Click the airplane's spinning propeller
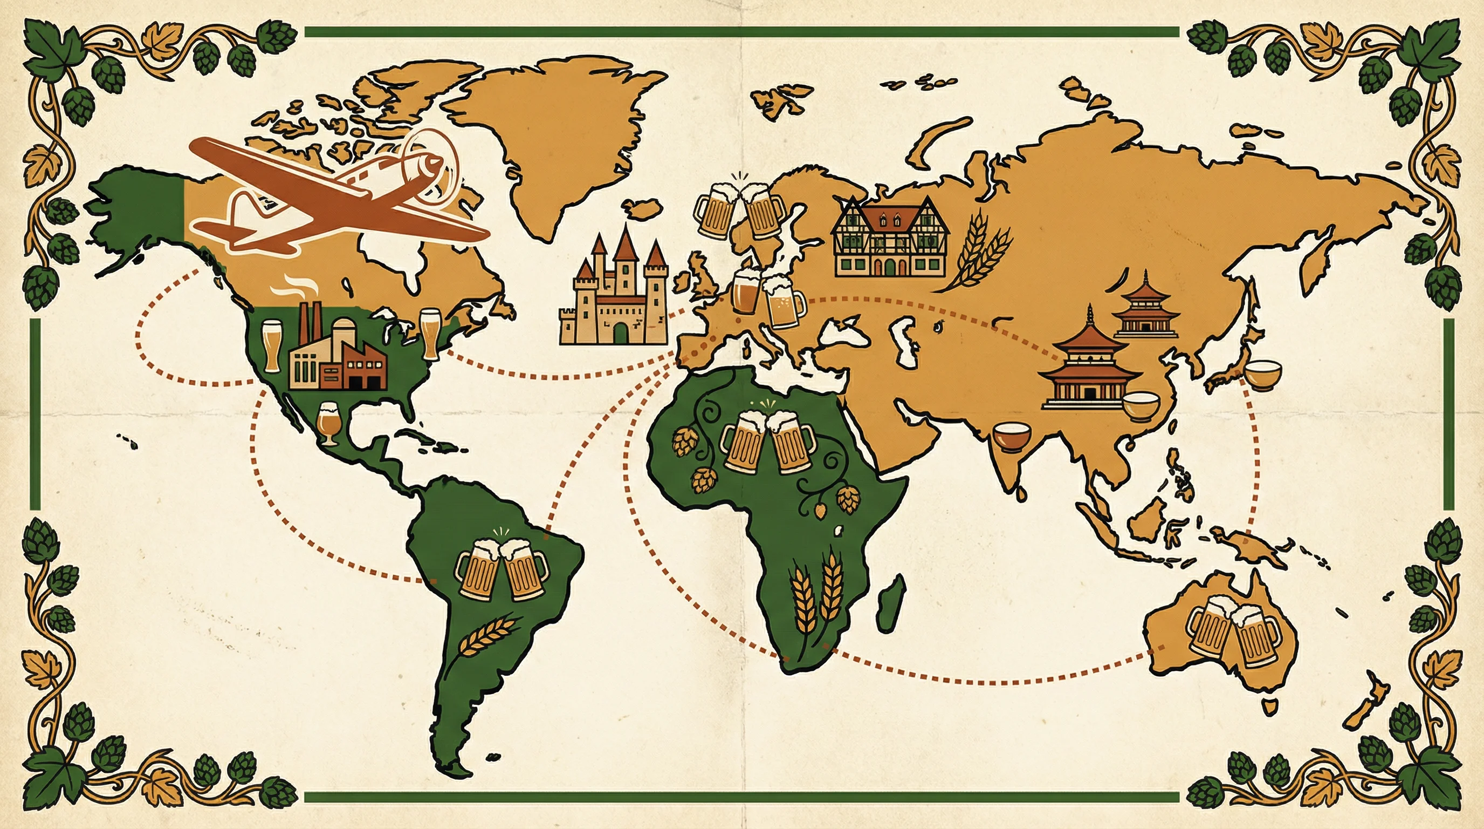(x=429, y=166)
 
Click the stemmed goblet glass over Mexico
(x=328, y=423)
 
